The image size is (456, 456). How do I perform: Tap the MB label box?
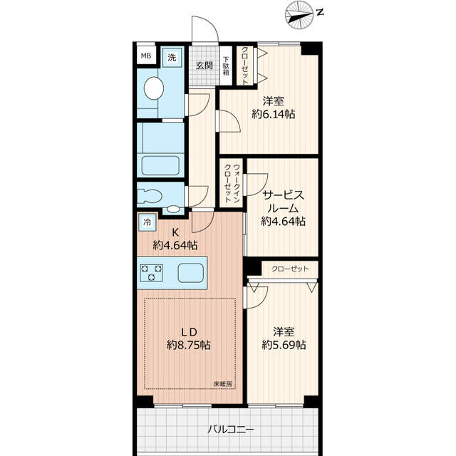tap(146, 56)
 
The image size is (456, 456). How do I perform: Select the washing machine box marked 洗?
tap(172, 56)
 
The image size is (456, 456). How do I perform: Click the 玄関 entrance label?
tap(204, 66)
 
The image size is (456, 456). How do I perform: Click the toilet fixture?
tap(150, 194)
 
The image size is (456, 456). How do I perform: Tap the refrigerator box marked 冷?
tap(146, 222)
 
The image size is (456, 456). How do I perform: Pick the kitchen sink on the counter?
tap(190, 274)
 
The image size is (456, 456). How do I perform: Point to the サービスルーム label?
tap(284, 201)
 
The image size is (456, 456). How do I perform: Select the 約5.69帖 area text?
tap(284, 345)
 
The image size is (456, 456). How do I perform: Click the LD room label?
tap(188, 331)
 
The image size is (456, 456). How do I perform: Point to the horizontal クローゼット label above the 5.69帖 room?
tap(291, 269)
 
